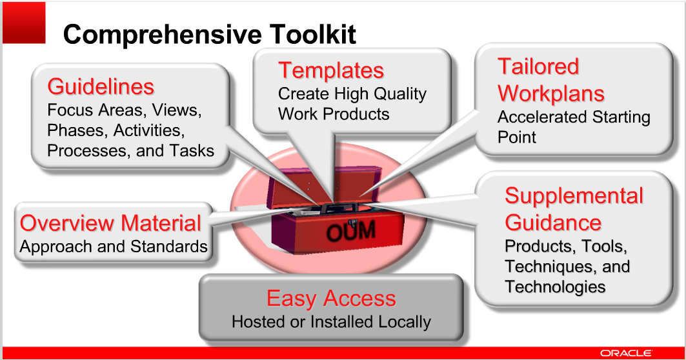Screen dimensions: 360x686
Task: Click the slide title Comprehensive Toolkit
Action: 209,34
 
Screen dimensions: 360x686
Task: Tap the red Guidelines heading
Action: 101,86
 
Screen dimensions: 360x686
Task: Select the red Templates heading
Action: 330,70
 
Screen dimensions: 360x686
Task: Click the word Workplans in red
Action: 550,94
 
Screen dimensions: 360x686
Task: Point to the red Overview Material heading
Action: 110,223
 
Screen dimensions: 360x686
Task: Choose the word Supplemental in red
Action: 574,196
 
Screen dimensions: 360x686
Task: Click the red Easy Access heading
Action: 331,299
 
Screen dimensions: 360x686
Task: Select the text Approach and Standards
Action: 114,246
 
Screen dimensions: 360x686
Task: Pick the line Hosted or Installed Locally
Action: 331,321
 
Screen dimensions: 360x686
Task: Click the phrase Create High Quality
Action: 352,94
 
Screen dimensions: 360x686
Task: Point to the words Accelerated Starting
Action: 573,117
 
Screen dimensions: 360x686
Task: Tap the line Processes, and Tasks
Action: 130,150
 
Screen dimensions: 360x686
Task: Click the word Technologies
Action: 555,286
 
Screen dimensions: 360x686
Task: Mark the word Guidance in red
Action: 552,223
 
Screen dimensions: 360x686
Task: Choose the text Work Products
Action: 334,114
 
